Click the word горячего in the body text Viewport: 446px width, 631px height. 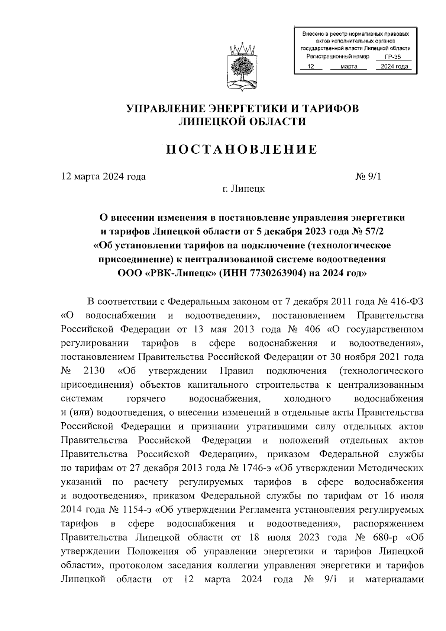coord(146,399)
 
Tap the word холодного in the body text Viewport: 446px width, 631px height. coord(307,399)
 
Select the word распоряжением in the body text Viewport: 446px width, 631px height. coord(388,524)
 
